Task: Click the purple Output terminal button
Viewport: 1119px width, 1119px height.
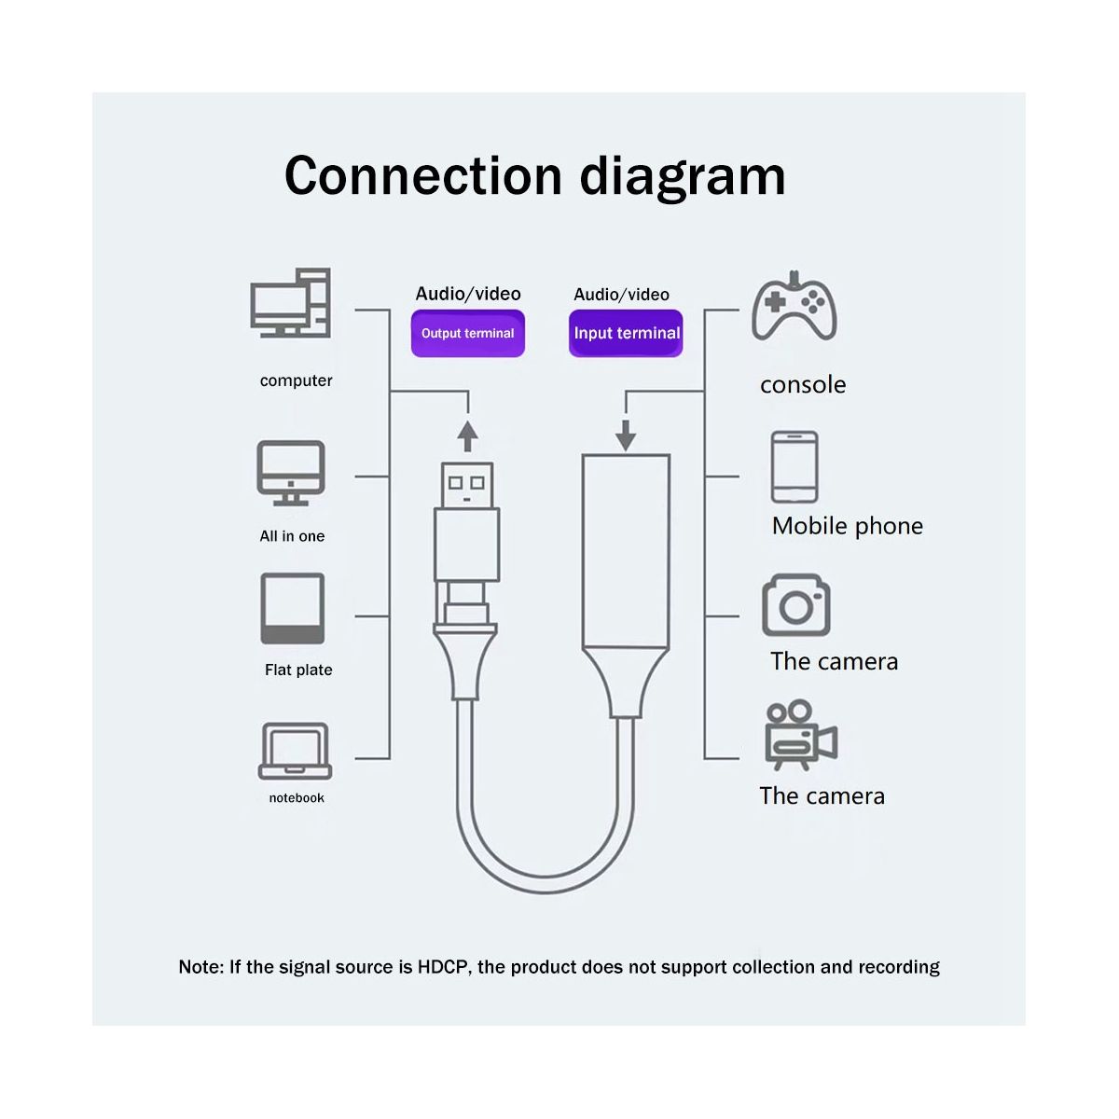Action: point(467,333)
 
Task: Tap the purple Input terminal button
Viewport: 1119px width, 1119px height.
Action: point(626,333)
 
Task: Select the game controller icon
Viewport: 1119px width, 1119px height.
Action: point(794,306)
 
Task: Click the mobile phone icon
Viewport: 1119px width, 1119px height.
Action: point(794,467)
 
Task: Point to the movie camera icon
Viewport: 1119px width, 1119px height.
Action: point(801,735)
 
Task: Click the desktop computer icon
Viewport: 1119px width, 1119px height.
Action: point(290,302)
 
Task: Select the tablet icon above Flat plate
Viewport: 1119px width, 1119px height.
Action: point(292,608)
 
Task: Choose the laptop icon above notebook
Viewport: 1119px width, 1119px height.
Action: point(295,751)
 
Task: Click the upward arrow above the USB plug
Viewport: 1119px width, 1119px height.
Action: point(467,436)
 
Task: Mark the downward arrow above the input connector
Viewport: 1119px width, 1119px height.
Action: point(626,435)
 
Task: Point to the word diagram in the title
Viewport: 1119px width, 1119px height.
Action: point(683,176)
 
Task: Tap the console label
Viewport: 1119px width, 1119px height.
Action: point(803,384)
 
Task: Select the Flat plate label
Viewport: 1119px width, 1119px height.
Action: point(298,670)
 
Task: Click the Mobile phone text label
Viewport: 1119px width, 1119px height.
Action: point(848,526)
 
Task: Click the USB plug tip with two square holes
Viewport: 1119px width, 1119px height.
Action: point(467,486)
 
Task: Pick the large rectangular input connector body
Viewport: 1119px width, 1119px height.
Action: point(626,551)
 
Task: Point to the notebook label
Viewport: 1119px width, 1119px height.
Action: point(297,798)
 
